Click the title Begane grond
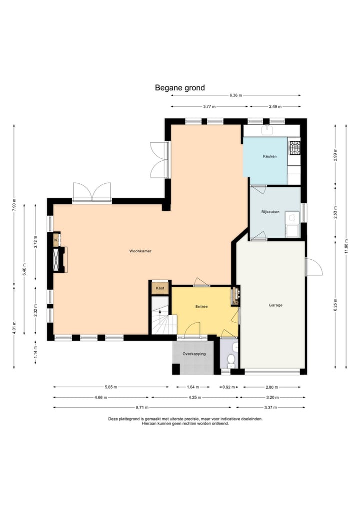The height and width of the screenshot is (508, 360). pyautogui.click(x=179, y=88)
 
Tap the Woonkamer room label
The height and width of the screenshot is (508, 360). pyautogui.click(x=140, y=251)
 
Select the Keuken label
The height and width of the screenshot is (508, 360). pyautogui.click(x=270, y=156)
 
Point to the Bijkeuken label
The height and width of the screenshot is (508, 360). pyautogui.click(x=270, y=212)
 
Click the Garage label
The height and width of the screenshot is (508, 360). pyautogui.click(x=275, y=305)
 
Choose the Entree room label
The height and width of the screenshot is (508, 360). pyautogui.click(x=201, y=307)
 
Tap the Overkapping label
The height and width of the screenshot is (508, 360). pyautogui.click(x=194, y=354)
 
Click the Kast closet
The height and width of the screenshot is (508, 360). pyautogui.click(x=160, y=288)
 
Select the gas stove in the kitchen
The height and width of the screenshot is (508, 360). pyautogui.click(x=295, y=147)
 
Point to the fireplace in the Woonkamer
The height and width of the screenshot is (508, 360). pyautogui.click(x=60, y=260)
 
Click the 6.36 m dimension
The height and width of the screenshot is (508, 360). pyautogui.click(x=236, y=95)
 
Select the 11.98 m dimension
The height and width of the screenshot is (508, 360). pyautogui.click(x=346, y=246)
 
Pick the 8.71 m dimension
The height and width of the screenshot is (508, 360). pyautogui.click(x=142, y=407)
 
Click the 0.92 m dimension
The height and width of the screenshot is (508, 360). pyautogui.click(x=228, y=387)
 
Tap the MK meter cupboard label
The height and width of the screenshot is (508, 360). pyautogui.click(x=235, y=303)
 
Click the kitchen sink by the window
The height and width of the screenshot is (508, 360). pyautogui.click(x=267, y=130)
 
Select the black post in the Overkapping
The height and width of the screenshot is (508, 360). pyautogui.click(x=176, y=369)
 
